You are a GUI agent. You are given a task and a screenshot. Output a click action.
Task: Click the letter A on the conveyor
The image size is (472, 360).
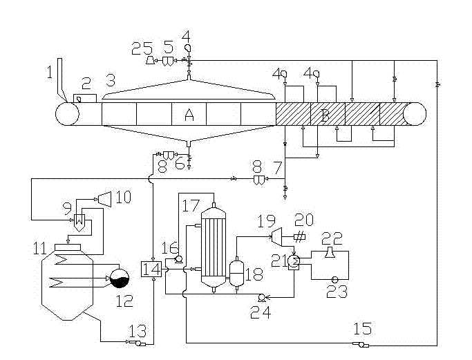(189, 115)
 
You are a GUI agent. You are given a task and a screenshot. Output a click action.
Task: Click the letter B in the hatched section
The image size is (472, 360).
(325, 115)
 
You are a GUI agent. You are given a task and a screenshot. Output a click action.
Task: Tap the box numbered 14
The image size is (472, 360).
(151, 269)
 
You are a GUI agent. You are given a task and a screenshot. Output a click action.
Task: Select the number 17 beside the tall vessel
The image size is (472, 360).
(191, 206)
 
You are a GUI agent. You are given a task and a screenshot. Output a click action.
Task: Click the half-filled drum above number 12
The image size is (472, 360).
(120, 278)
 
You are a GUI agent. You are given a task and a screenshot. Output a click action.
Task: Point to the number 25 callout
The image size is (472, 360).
(142, 48)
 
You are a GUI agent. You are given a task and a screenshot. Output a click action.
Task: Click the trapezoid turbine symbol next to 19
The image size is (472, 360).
(277, 236)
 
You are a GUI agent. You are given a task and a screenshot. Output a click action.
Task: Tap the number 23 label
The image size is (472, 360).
(337, 292)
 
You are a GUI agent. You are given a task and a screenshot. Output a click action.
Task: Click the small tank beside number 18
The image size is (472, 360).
(236, 273)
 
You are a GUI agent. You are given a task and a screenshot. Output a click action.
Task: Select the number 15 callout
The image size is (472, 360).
(362, 329)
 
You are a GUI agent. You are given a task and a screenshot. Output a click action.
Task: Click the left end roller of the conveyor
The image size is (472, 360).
(68, 114)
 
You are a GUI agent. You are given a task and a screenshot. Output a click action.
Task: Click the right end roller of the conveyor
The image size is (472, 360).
(415, 114)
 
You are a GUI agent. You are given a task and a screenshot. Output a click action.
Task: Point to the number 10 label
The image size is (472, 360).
(124, 198)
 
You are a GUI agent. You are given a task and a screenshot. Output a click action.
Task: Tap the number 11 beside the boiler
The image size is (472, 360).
(39, 249)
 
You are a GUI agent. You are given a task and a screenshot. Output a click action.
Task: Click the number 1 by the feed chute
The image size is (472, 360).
(50, 73)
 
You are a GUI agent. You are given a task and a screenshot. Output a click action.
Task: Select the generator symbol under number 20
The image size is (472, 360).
(299, 237)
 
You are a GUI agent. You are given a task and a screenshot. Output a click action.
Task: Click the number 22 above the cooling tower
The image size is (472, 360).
(332, 239)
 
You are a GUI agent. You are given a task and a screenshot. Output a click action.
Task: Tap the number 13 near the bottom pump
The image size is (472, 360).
(138, 331)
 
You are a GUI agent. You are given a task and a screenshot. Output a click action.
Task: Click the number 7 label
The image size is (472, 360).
(277, 167)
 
